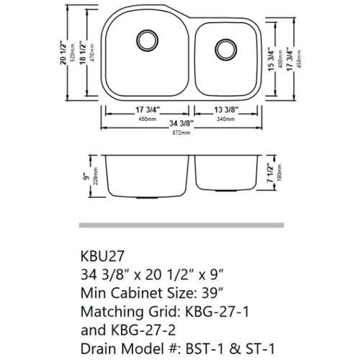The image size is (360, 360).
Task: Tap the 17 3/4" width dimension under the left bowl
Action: pos(146,111)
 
